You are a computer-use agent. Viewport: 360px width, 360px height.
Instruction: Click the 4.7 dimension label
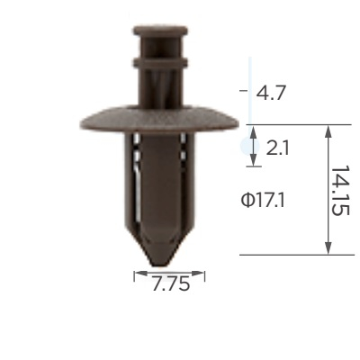(270, 93)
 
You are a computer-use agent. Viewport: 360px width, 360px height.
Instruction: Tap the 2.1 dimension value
(277, 148)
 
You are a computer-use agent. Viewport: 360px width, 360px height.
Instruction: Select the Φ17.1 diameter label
(263, 201)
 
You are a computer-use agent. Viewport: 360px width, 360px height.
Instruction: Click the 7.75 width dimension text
(171, 283)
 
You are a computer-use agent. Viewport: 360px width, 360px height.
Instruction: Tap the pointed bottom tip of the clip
(162, 265)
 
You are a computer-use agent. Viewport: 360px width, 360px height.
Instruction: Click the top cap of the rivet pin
(160, 31)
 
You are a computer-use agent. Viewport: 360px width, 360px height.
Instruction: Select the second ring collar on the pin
(160, 62)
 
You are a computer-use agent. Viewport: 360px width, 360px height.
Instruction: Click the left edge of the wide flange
(82, 123)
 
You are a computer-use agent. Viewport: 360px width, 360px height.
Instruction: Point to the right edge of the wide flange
(238, 123)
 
